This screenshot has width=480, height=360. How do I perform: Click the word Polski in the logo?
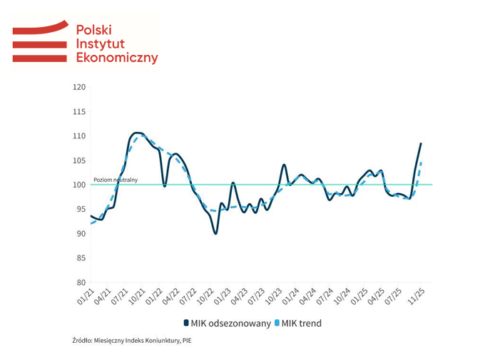(x=94, y=29)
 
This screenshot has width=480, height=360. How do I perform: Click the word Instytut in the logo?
(x=100, y=43)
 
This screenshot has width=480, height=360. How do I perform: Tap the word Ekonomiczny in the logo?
(x=116, y=58)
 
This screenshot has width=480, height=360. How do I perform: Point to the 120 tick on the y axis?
(x=78, y=87)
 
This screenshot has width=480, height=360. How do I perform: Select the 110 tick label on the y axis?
(x=78, y=136)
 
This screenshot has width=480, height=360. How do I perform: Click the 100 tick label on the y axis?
(x=78, y=185)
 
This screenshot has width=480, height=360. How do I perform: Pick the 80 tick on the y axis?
(x=80, y=282)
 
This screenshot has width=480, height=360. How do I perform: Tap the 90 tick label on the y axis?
(x=80, y=234)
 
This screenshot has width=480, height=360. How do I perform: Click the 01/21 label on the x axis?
(x=86, y=295)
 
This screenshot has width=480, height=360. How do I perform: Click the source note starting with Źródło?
(x=132, y=340)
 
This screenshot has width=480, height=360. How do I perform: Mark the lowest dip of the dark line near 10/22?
(x=215, y=233)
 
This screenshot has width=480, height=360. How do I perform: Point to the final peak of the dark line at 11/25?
(x=421, y=143)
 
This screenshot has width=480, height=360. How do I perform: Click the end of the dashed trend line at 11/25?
(x=422, y=163)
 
